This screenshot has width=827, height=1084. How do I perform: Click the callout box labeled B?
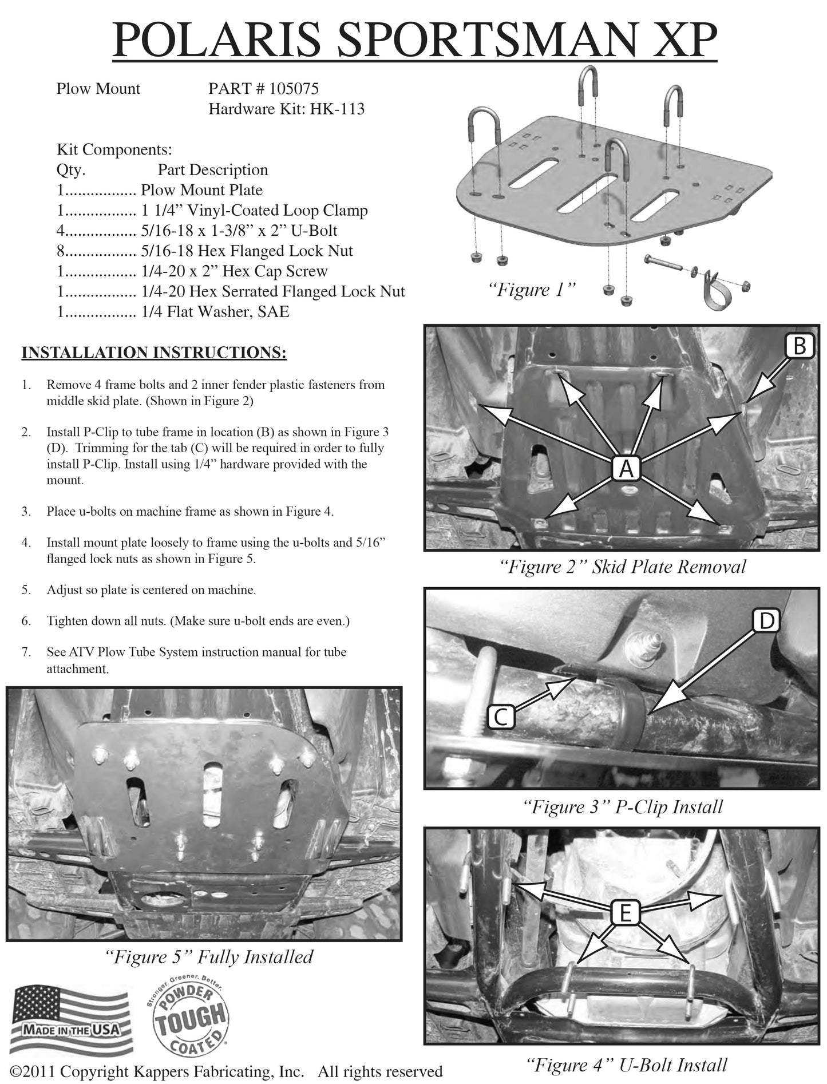click(x=800, y=346)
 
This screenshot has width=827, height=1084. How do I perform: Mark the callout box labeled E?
click(x=625, y=913)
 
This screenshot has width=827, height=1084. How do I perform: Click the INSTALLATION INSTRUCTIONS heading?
click(x=154, y=352)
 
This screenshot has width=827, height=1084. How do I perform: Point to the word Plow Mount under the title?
click(x=98, y=89)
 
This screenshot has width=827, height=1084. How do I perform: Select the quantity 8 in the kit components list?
click(x=60, y=251)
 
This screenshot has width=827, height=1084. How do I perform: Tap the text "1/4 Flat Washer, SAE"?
click(x=215, y=312)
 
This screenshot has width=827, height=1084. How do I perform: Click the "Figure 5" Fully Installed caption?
click(x=209, y=957)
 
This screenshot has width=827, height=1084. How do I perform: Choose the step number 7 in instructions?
click(x=26, y=652)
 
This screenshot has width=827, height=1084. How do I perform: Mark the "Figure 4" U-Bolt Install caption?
click(x=626, y=1065)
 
